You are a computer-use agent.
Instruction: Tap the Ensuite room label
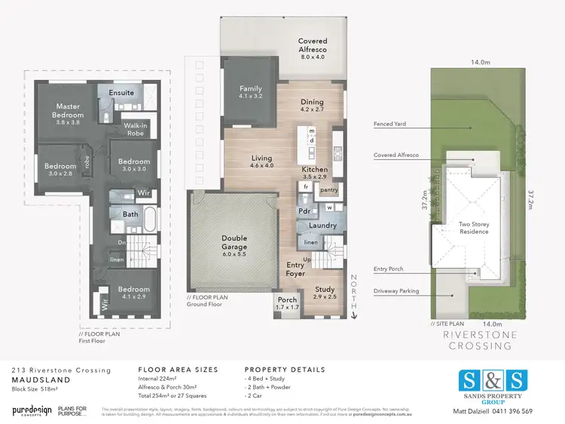point(121,93)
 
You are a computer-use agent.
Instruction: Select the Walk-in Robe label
point(136,129)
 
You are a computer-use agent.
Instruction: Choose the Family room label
point(251,93)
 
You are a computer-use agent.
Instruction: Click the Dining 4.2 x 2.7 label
point(312,106)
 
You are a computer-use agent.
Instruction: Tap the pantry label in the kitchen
point(328,190)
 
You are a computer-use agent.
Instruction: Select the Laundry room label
point(322,226)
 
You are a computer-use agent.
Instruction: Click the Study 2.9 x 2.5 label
point(325,293)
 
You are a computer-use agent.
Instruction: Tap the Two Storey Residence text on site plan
point(475,227)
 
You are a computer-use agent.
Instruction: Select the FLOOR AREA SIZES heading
point(179,370)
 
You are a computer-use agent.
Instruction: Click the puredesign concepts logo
point(32,410)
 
